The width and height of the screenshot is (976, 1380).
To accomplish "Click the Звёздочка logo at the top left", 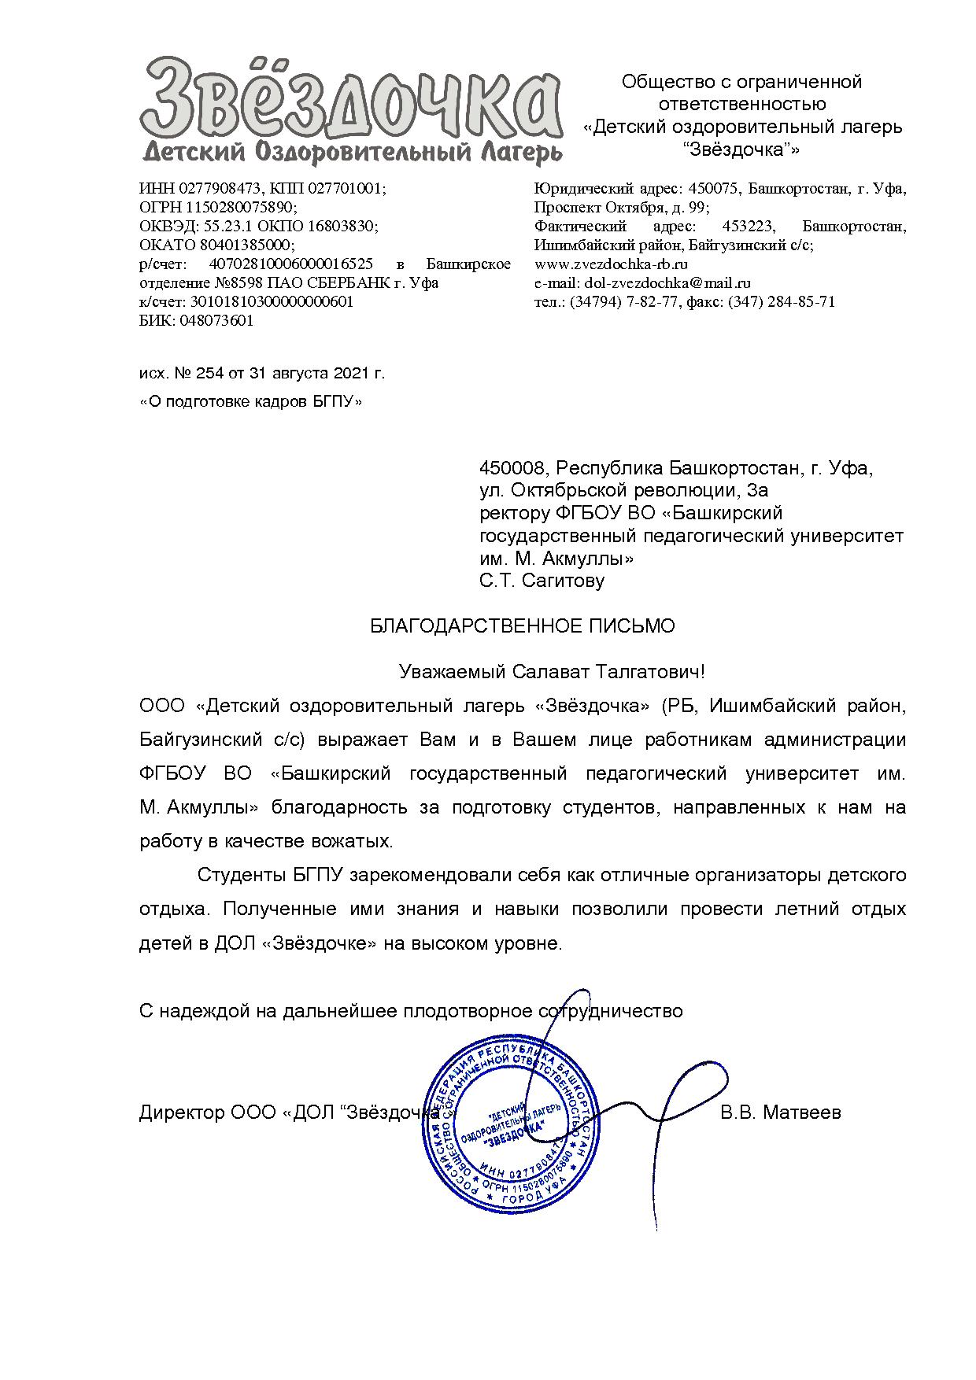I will click(351, 110).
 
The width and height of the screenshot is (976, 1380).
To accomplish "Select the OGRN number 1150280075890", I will click(240, 208).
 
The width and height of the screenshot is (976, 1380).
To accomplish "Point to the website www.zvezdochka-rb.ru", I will click(612, 264).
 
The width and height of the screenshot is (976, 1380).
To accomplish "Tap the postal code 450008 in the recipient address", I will click(512, 469).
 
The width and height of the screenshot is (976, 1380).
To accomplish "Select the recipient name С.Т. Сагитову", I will click(542, 581).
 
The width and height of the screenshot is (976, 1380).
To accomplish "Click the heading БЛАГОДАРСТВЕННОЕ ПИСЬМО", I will click(523, 626).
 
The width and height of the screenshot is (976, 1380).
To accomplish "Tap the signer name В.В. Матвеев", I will click(781, 1112).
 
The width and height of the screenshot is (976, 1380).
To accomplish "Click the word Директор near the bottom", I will click(182, 1112).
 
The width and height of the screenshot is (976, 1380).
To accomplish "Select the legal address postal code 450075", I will click(713, 189).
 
